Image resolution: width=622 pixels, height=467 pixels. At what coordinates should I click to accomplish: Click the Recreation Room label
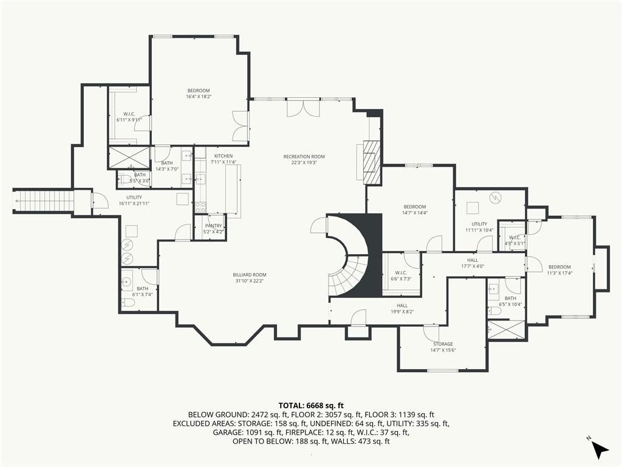[x=304, y=156]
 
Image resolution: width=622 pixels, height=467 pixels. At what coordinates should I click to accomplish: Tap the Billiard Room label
[x=250, y=275]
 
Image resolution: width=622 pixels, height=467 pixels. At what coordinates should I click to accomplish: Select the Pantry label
[x=213, y=226]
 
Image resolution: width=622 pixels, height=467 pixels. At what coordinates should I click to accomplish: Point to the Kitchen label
[x=224, y=156]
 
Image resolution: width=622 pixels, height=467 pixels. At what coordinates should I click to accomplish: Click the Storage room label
[x=443, y=344]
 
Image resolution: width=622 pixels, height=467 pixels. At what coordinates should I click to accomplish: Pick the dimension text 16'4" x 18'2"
[x=199, y=97]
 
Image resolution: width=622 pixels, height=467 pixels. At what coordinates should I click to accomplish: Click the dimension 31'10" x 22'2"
[x=250, y=281]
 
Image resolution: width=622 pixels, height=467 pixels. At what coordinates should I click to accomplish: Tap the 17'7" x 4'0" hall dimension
[x=473, y=266]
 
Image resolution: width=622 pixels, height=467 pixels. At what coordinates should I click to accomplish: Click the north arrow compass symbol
[x=600, y=449]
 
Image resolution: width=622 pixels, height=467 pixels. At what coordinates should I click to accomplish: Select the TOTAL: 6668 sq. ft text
[x=311, y=406]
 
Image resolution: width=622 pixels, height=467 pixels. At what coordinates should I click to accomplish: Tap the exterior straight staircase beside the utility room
[x=43, y=201]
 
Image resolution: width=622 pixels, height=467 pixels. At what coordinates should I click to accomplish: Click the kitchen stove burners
[x=200, y=207]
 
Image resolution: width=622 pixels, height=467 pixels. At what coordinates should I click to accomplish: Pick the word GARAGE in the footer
[x=227, y=432]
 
